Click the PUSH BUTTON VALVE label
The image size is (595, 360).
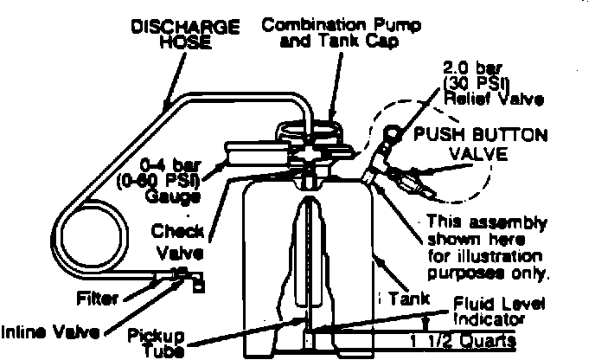click(480, 143)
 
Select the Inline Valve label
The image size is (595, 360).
click(49, 331)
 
